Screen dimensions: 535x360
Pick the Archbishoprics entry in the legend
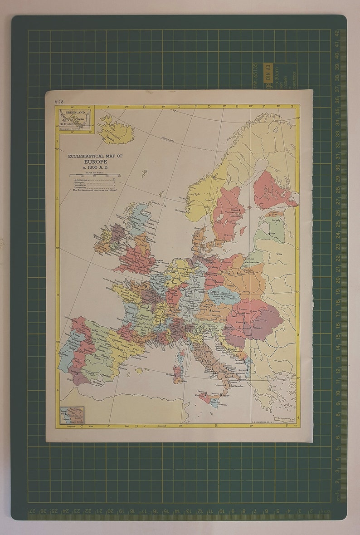click(x=82, y=180)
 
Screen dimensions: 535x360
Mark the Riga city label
click(x=272, y=234)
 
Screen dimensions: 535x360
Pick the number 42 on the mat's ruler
click(x=336, y=34)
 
